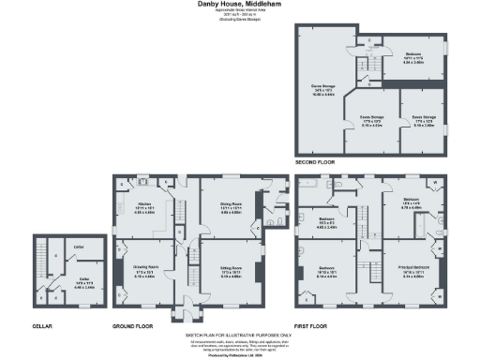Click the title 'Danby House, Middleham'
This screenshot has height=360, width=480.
(240, 5)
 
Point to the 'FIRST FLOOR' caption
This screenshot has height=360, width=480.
(311, 327)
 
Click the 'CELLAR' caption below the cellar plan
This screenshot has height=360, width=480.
(43, 327)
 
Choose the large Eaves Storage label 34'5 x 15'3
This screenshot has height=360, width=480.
(323, 89)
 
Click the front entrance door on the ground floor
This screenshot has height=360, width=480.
(185, 309)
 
